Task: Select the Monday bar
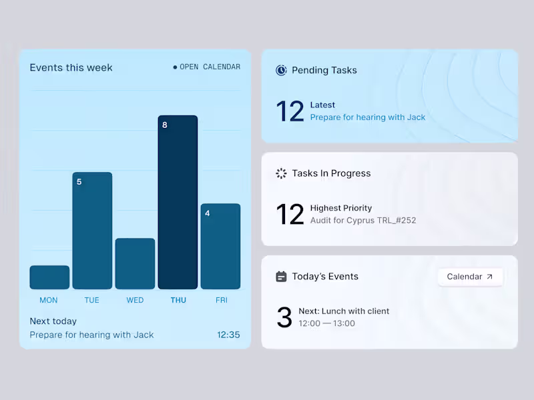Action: coord(49,277)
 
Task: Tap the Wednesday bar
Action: coord(135,263)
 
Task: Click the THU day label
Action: coord(178,300)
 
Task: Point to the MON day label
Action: coord(49,300)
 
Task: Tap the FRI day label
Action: coord(221,300)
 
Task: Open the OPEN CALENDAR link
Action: coord(207,67)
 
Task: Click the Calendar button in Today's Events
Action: coord(470,277)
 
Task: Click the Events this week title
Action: coord(71,67)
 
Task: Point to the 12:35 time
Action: coord(228,335)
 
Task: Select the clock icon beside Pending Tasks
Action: coord(281,70)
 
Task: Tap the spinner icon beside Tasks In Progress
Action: coord(281,173)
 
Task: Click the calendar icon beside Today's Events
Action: coord(281,276)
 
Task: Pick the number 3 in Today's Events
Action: coord(284,318)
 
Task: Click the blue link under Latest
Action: coord(368,117)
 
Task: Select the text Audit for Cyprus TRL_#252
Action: coord(363,220)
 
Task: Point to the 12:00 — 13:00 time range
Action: coord(326,323)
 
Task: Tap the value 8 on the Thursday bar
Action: coord(165,125)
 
